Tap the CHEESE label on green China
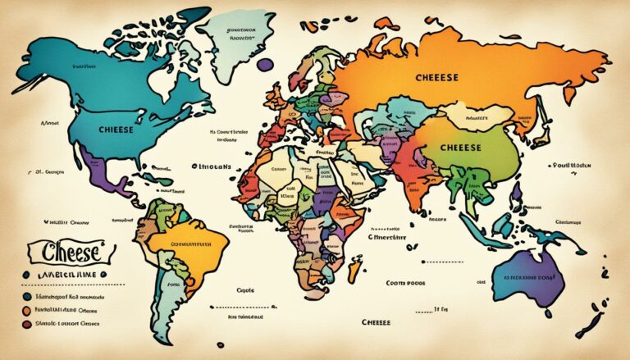tap(460, 148)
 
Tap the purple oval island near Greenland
tap(264, 64)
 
